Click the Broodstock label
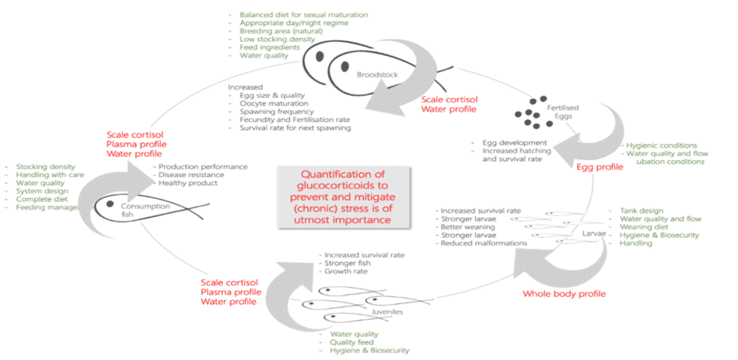pyautogui.click(x=371, y=75)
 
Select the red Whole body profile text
pyautogui.click(x=564, y=293)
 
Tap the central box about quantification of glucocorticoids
pyautogui.click(x=345, y=198)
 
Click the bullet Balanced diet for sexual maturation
pyautogui.click(x=303, y=15)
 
